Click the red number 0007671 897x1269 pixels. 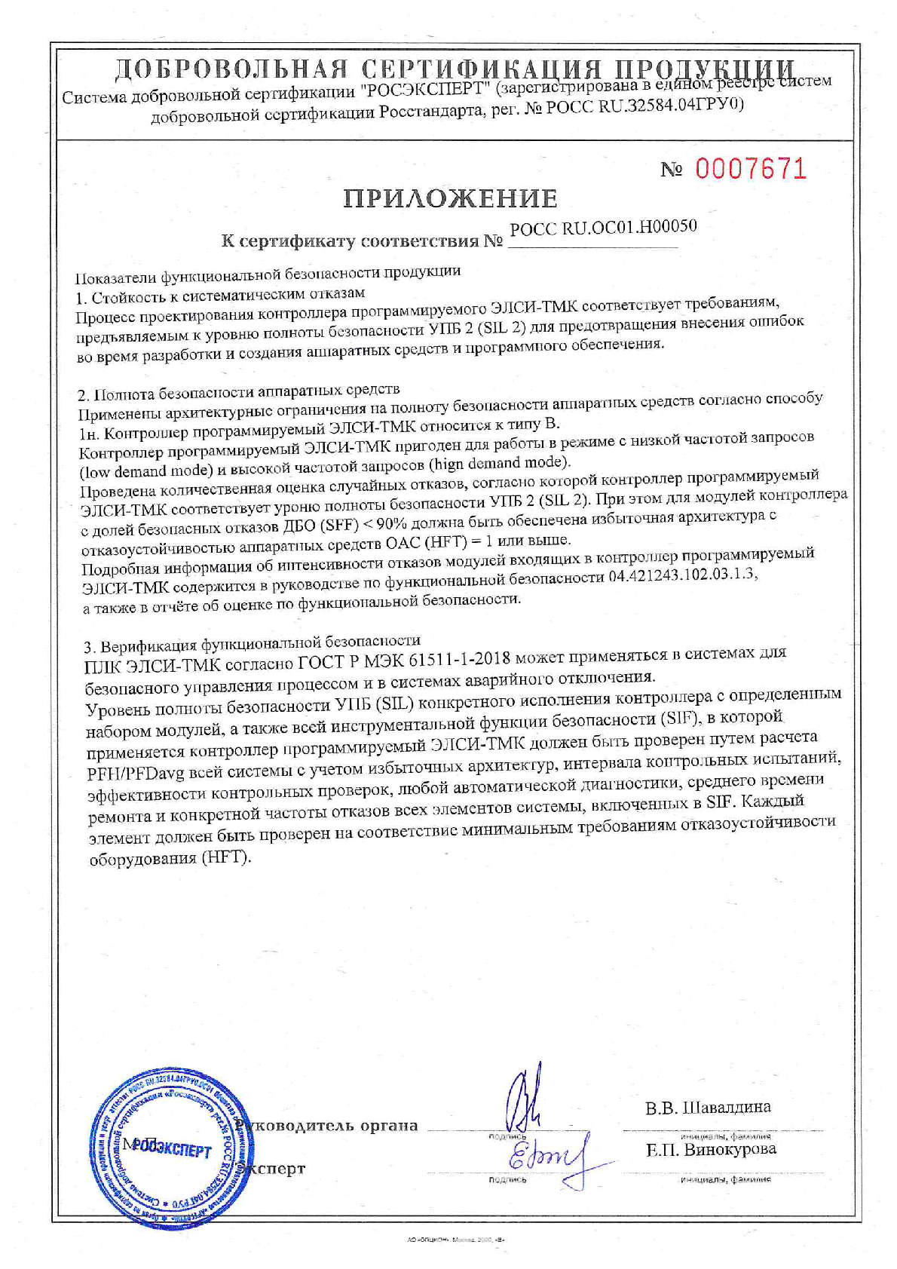750,168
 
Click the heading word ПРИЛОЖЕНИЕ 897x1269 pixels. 451,198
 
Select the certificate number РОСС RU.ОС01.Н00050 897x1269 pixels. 603,227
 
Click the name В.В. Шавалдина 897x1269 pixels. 708,1108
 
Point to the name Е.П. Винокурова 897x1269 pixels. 710,1150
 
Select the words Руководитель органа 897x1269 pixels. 326,1126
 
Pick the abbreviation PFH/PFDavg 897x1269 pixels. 136,772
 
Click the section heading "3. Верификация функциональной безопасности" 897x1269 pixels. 252,643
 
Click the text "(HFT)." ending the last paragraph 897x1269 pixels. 226,857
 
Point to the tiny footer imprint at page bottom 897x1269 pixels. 449,1240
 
